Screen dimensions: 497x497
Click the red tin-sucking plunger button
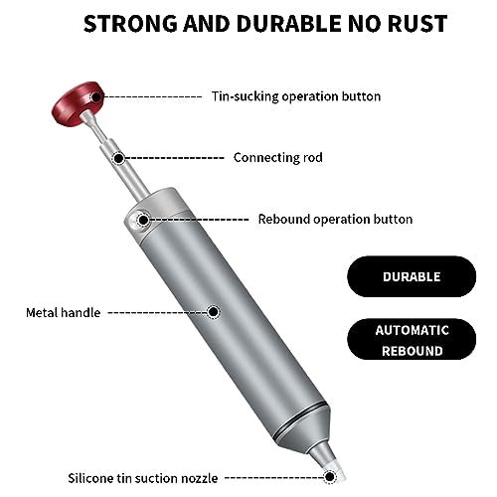click(x=77, y=103)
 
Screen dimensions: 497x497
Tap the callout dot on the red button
click(x=96, y=97)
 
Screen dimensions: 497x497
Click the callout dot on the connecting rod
click(x=118, y=158)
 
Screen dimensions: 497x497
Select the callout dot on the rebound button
click(x=143, y=220)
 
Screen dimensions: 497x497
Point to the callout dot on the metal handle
click(x=214, y=312)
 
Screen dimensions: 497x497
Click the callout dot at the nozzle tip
click(x=329, y=477)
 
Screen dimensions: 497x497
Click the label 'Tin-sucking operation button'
click(x=296, y=96)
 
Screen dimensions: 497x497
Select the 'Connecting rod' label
click(x=278, y=157)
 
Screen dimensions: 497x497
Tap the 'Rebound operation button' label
click(x=335, y=219)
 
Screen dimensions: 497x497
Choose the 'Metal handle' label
click(x=64, y=312)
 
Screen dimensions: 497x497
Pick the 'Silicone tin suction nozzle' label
click(x=143, y=478)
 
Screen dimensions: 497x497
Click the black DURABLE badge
click(x=412, y=276)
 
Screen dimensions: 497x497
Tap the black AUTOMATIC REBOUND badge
click(x=412, y=339)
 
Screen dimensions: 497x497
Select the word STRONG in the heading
click(x=130, y=24)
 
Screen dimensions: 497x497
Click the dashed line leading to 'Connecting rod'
click(x=175, y=158)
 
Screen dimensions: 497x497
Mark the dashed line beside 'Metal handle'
click(x=158, y=312)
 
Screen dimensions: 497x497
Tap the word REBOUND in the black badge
click(x=413, y=351)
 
